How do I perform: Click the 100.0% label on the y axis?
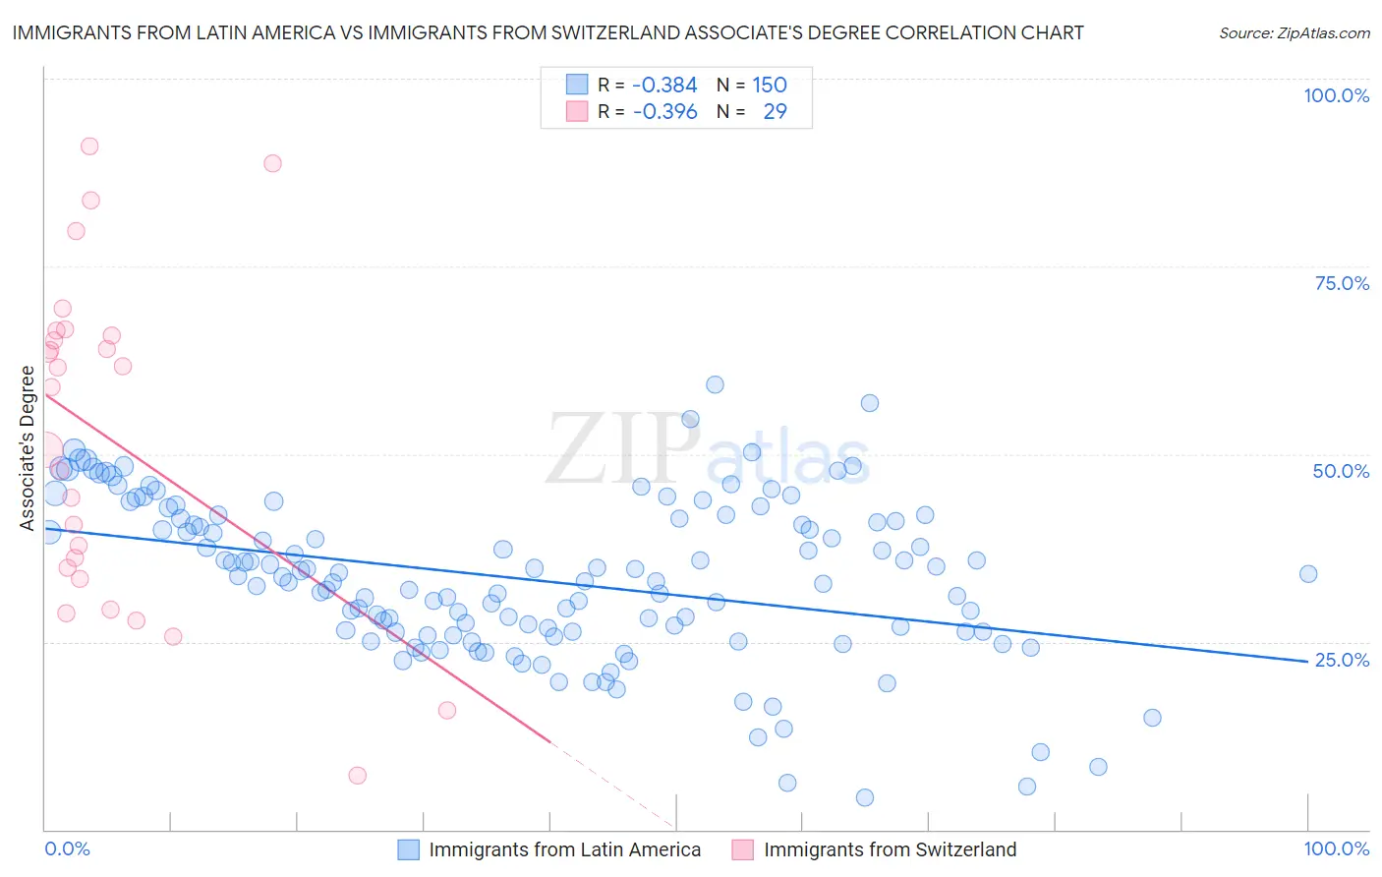1336,95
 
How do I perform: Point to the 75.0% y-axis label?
1342,283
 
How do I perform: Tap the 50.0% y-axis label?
1341,471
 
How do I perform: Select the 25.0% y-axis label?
1342,660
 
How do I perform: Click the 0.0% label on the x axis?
67,848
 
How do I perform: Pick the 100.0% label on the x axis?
1336,848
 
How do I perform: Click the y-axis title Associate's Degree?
28,447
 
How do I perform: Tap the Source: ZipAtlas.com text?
1294,33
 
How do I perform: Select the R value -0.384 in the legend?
664,85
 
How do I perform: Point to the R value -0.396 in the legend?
664,111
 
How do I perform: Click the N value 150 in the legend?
770,85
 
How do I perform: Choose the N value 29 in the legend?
775,111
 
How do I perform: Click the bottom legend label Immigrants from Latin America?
564,849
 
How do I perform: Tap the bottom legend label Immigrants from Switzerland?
890,849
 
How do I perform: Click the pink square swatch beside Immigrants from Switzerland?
743,849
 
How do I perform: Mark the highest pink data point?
89,146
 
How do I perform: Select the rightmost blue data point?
1308,574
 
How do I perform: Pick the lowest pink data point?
358,776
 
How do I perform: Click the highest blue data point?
715,384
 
